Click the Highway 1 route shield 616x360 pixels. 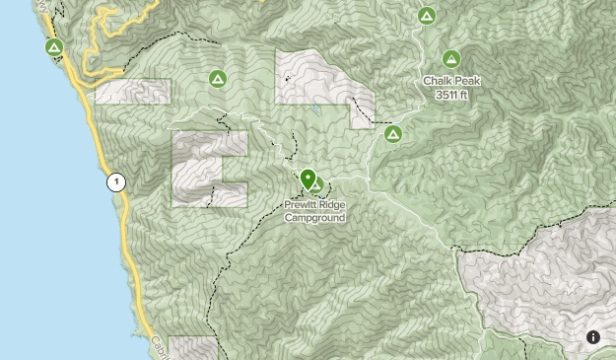116,181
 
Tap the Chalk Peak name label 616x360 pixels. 451,82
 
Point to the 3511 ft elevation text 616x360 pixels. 452,95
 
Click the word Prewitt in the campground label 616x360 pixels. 303,205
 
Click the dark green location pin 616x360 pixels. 308,179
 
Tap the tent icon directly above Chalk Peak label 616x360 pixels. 451,58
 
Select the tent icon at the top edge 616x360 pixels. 427,16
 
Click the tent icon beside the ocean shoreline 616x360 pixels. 54,46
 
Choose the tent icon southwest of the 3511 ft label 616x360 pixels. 393,133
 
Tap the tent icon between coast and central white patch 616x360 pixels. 217,78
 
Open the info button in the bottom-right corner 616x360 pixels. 593,337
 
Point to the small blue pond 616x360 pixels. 317,110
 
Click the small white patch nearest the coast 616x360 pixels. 133,91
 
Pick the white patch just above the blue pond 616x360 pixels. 315,76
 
